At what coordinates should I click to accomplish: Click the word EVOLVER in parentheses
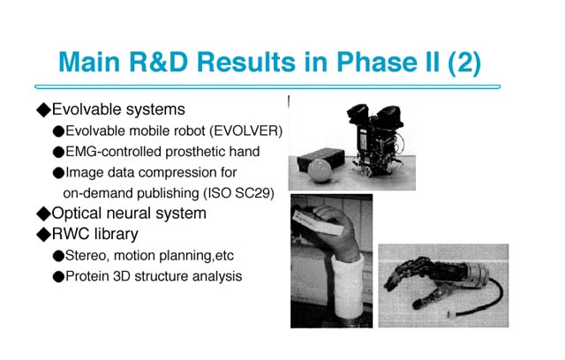(247, 131)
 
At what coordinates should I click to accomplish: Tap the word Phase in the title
(378, 62)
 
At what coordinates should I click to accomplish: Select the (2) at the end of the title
(464, 63)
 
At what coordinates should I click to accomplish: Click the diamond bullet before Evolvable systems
(43, 109)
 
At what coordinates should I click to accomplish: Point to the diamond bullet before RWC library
(43, 235)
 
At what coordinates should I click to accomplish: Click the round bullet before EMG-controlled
(58, 152)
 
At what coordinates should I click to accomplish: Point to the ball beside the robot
(320, 170)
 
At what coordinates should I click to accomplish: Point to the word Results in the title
(246, 62)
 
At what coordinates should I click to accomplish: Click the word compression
(177, 173)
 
